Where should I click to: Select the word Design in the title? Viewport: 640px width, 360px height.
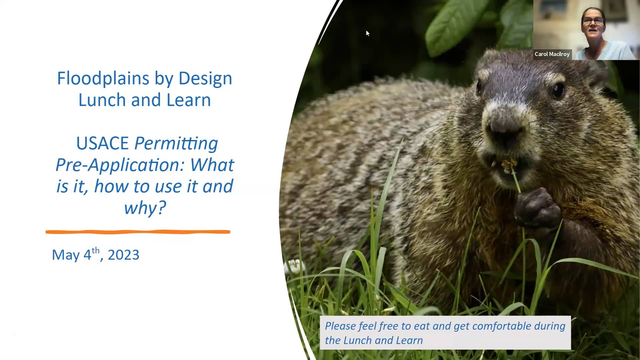[x=205, y=79]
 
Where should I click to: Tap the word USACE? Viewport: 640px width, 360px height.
[x=102, y=143]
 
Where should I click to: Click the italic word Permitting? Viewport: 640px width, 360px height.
[x=176, y=143]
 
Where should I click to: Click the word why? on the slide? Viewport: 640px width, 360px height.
[x=145, y=208]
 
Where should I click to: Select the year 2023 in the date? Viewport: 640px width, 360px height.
[x=123, y=255]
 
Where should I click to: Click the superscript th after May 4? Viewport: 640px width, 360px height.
[x=95, y=250]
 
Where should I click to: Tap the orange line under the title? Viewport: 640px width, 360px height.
[x=138, y=232]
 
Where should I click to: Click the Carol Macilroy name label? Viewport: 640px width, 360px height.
[x=552, y=54]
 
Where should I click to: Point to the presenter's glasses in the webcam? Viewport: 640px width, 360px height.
[x=593, y=21]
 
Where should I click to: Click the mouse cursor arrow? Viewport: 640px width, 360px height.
[x=367, y=33]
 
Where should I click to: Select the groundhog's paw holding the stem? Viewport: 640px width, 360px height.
[x=537, y=208]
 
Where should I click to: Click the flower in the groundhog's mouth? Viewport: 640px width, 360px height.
[x=509, y=164]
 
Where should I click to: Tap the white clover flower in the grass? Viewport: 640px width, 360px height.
[x=294, y=266]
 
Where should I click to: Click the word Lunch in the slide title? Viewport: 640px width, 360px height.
[x=103, y=100]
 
